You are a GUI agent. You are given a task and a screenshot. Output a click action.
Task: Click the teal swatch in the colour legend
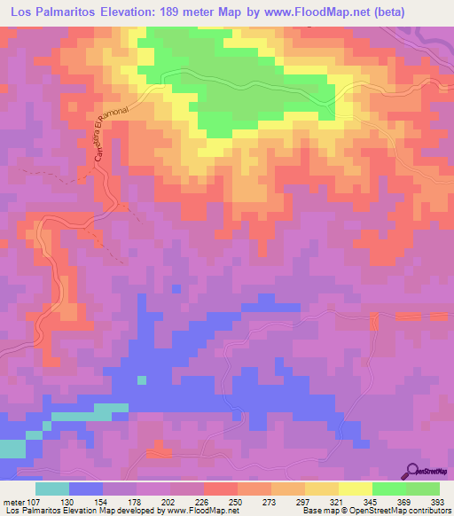point(52,489)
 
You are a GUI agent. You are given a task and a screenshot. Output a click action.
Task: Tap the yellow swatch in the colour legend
point(356,489)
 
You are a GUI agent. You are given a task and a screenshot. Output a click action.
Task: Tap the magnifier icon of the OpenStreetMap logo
point(414,471)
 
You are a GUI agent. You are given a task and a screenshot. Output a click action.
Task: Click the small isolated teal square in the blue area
point(141,379)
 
